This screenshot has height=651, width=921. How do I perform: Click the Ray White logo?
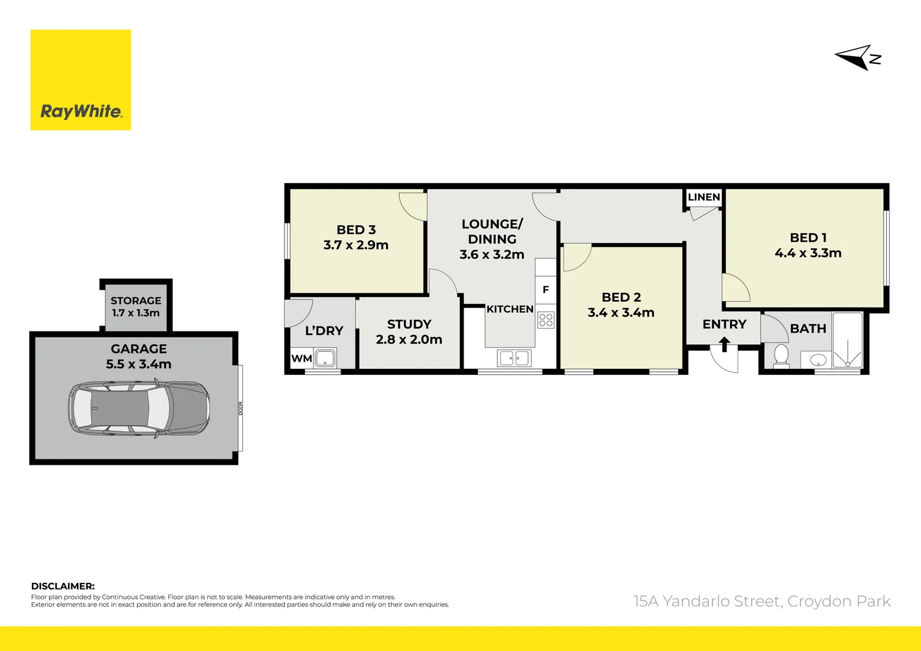click(81, 80)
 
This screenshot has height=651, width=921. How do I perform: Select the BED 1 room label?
click(808, 237)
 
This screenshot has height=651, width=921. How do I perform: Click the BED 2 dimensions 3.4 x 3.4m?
click(621, 313)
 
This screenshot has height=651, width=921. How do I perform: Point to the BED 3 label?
click(356, 230)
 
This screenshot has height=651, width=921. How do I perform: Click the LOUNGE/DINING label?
click(492, 231)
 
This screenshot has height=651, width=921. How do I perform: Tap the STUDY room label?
click(409, 324)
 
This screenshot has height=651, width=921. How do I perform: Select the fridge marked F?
click(545, 290)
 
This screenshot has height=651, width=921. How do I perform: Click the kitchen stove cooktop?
click(545, 319)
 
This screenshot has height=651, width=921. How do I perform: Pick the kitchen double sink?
click(514, 359)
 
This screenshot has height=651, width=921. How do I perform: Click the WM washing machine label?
click(301, 359)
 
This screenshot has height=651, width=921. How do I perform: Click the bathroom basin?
click(818, 360)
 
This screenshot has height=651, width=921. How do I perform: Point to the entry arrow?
click(725, 344)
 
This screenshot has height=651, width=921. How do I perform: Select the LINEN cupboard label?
click(703, 197)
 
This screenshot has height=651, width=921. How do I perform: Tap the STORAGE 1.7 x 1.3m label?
click(136, 307)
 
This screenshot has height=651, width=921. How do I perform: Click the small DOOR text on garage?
click(240, 408)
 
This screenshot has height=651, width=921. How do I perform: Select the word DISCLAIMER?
click(63, 586)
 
